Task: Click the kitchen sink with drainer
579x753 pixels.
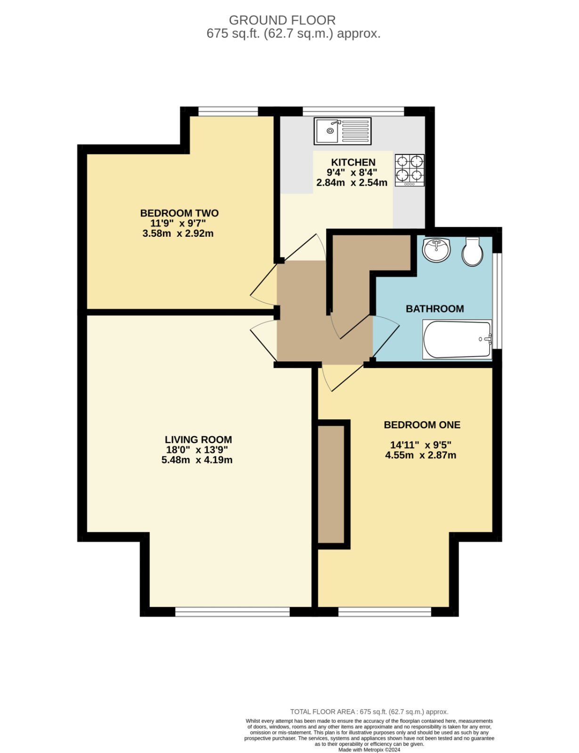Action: pyautogui.click(x=343, y=131)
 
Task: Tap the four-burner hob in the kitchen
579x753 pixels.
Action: pyautogui.click(x=409, y=170)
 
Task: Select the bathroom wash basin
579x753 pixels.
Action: pyautogui.click(x=436, y=250)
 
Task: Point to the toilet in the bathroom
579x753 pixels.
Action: pyautogui.click(x=472, y=251)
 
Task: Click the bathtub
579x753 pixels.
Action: pyautogui.click(x=457, y=339)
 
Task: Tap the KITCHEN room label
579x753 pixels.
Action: pyautogui.click(x=353, y=162)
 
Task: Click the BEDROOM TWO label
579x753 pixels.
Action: pyautogui.click(x=179, y=213)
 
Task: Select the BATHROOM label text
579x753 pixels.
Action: pyautogui.click(x=435, y=309)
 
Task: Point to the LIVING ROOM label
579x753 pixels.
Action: pyautogui.click(x=198, y=440)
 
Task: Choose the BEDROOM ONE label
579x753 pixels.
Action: pyautogui.click(x=422, y=425)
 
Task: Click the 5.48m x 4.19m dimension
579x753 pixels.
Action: pyautogui.click(x=197, y=460)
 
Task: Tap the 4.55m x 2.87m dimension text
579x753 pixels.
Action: pyautogui.click(x=421, y=455)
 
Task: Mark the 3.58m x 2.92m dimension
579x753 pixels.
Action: pyautogui.click(x=178, y=233)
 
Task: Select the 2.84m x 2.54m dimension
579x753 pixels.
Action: pyautogui.click(x=352, y=183)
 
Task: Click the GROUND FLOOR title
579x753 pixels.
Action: pyautogui.click(x=282, y=20)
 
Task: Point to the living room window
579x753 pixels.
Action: pyautogui.click(x=232, y=612)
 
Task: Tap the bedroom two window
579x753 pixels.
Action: pyautogui.click(x=228, y=111)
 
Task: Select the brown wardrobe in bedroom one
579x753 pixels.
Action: pyautogui.click(x=331, y=484)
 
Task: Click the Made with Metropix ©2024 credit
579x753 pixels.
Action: pyautogui.click(x=369, y=750)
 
